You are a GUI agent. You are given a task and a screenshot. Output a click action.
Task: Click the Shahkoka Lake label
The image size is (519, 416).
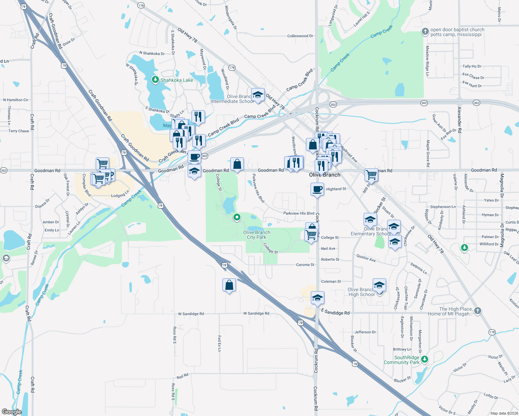click(x=177, y=80)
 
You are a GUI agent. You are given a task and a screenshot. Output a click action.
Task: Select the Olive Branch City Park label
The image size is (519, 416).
click(x=257, y=235)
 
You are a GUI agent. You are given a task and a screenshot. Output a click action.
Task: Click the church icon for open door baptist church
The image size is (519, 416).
click(x=425, y=32)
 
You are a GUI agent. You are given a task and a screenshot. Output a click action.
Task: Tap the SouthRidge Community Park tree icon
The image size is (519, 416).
click(x=425, y=359)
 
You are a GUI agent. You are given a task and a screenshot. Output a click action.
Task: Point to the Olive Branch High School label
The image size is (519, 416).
click(x=361, y=292)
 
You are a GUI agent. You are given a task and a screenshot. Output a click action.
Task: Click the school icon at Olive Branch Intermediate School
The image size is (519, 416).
click(x=258, y=95)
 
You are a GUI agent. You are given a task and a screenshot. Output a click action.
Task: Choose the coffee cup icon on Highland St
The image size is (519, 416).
click(x=317, y=190)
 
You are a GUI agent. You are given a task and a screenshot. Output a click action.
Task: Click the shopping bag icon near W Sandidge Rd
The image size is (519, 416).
click(x=229, y=285)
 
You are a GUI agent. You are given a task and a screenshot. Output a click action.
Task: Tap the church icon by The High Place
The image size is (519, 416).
click(x=477, y=311)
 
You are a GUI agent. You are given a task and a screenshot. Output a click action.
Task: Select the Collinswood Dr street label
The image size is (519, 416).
click(x=300, y=36)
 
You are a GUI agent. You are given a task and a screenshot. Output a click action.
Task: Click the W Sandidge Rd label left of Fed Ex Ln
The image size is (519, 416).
click(x=191, y=314)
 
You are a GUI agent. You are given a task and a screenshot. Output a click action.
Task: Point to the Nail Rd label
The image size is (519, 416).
click(x=182, y=376)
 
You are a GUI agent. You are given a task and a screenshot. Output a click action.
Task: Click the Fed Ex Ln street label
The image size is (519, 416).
click(x=219, y=343)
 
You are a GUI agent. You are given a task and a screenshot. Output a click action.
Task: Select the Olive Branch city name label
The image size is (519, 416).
click(x=325, y=175)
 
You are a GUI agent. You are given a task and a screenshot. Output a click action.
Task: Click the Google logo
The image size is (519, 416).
click(x=12, y=411)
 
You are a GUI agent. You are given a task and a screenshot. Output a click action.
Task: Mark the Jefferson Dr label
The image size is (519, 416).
click(x=365, y=332)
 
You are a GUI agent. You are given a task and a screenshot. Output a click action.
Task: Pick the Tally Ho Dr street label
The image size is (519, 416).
click(x=472, y=66)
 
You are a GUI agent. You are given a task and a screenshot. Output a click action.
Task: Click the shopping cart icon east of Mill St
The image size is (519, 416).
click(x=371, y=175)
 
